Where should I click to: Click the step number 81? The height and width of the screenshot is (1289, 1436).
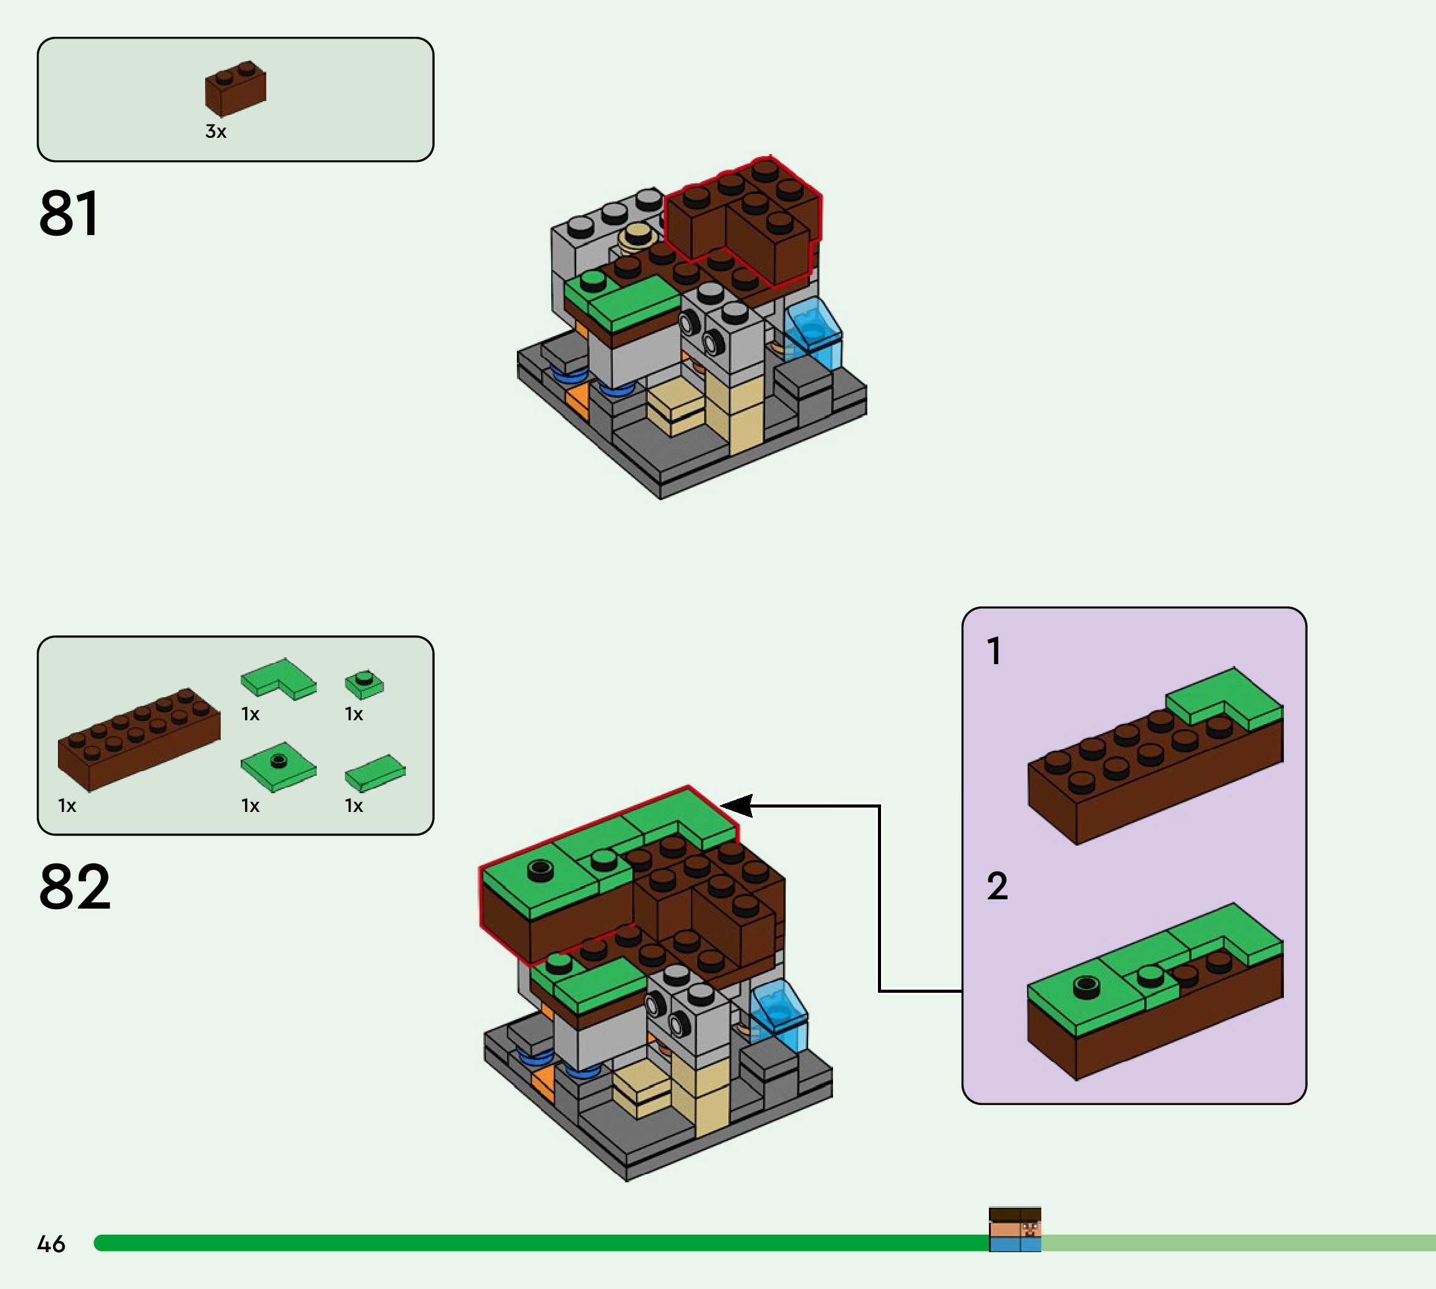coord(69,213)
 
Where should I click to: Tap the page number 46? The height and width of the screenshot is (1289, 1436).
coord(51,1243)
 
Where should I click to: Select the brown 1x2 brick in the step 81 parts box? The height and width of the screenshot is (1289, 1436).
coord(235,89)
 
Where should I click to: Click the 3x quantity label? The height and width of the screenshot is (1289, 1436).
coord(215,132)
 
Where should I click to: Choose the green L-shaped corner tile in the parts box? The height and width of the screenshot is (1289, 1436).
coord(278,678)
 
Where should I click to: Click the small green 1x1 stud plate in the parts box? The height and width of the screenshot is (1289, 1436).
coord(364,683)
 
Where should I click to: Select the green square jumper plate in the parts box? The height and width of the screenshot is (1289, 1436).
coord(278,766)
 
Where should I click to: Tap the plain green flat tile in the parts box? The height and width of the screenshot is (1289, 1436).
coord(375,772)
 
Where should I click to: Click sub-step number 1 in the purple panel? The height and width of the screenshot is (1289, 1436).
coord(994,651)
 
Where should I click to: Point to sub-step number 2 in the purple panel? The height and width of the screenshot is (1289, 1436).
coord(997,886)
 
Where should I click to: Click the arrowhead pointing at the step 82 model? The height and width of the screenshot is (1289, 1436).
coord(736,805)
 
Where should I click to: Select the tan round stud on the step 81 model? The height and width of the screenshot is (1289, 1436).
coord(638,236)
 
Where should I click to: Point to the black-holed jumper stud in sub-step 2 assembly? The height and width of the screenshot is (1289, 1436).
coord(1086,986)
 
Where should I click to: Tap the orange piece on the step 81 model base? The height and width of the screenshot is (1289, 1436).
coord(578,400)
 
